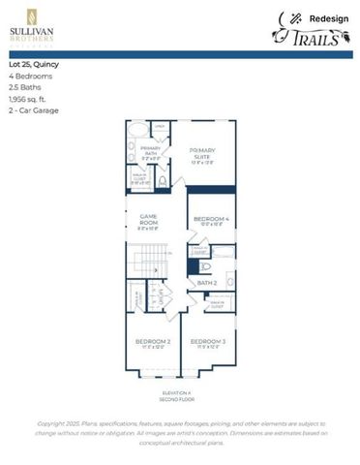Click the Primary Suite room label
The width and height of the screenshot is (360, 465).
(x=202, y=153)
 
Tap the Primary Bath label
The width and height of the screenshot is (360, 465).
(x=150, y=150)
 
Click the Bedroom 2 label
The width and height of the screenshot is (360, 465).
(x=152, y=343)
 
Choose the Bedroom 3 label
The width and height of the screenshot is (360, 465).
(x=207, y=343)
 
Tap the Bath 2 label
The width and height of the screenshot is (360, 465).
(x=206, y=283)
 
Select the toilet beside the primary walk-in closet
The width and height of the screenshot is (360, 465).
(x=163, y=180)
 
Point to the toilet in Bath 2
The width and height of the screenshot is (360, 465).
(x=203, y=263)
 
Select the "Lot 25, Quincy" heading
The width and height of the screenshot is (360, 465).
(x=34, y=65)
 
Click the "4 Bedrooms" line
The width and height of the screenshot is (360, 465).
(x=31, y=77)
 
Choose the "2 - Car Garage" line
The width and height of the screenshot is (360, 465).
(x=34, y=110)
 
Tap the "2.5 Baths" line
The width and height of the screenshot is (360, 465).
(x=26, y=87)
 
